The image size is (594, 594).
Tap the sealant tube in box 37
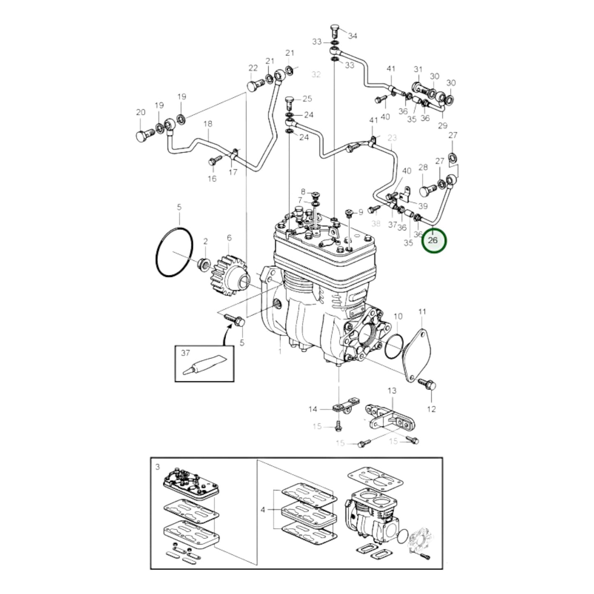204,365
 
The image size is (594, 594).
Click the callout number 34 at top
352,36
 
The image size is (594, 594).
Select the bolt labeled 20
143,135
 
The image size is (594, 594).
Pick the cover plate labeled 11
417,355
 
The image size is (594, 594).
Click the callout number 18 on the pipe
208,123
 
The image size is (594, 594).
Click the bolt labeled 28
427,191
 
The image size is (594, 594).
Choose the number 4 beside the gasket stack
263,510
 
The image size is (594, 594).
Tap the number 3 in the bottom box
157,467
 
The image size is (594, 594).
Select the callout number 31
418,69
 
